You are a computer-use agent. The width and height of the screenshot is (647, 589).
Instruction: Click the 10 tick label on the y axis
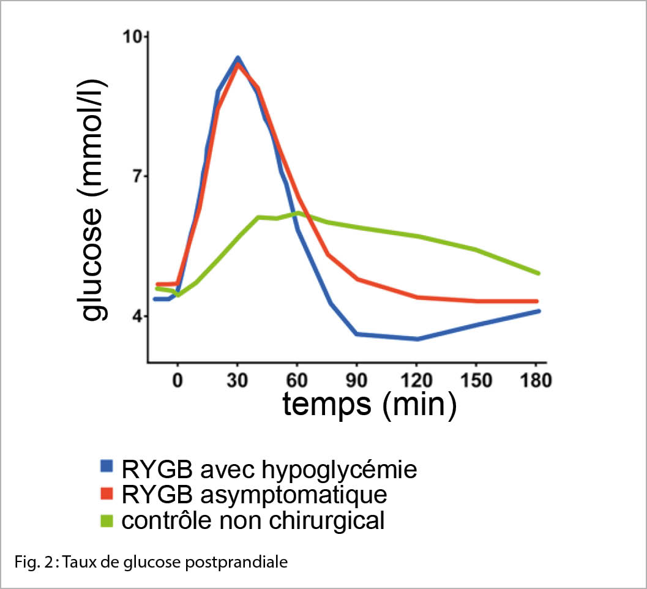[133, 37]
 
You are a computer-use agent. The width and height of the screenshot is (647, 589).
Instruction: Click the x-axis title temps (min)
[369, 405]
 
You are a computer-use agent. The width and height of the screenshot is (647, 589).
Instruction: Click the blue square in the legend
[107, 468]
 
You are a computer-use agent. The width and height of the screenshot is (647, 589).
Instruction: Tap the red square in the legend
[107, 494]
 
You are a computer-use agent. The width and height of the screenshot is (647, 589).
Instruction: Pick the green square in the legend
[107, 520]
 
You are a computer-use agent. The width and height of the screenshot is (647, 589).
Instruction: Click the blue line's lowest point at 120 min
[417, 339]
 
